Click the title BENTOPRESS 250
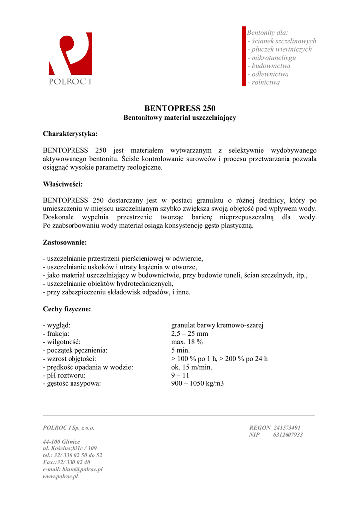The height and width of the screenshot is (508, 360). pyautogui.click(x=180, y=108)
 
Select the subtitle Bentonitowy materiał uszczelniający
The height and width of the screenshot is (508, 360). pyautogui.click(x=180, y=118)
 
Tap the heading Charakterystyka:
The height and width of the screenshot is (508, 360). pyautogui.click(x=70, y=134)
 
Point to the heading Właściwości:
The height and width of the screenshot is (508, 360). pyautogui.click(x=63, y=184)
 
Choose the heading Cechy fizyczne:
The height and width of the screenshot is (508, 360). pyautogui.click(x=67, y=309)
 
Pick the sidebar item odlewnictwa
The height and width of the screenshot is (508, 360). pyautogui.click(x=270, y=74)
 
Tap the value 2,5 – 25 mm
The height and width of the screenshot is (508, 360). pyautogui.click(x=190, y=334)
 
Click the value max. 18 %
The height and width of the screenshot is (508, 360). pyautogui.click(x=187, y=342)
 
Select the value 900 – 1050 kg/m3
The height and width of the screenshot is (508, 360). pyautogui.click(x=198, y=383)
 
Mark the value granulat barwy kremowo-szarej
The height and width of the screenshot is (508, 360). pyautogui.click(x=217, y=325)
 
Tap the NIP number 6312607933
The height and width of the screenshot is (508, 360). pyautogui.click(x=288, y=435)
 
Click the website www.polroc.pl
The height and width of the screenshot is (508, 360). pyautogui.click(x=61, y=476)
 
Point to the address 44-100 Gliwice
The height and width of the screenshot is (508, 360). pyautogui.click(x=62, y=441)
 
